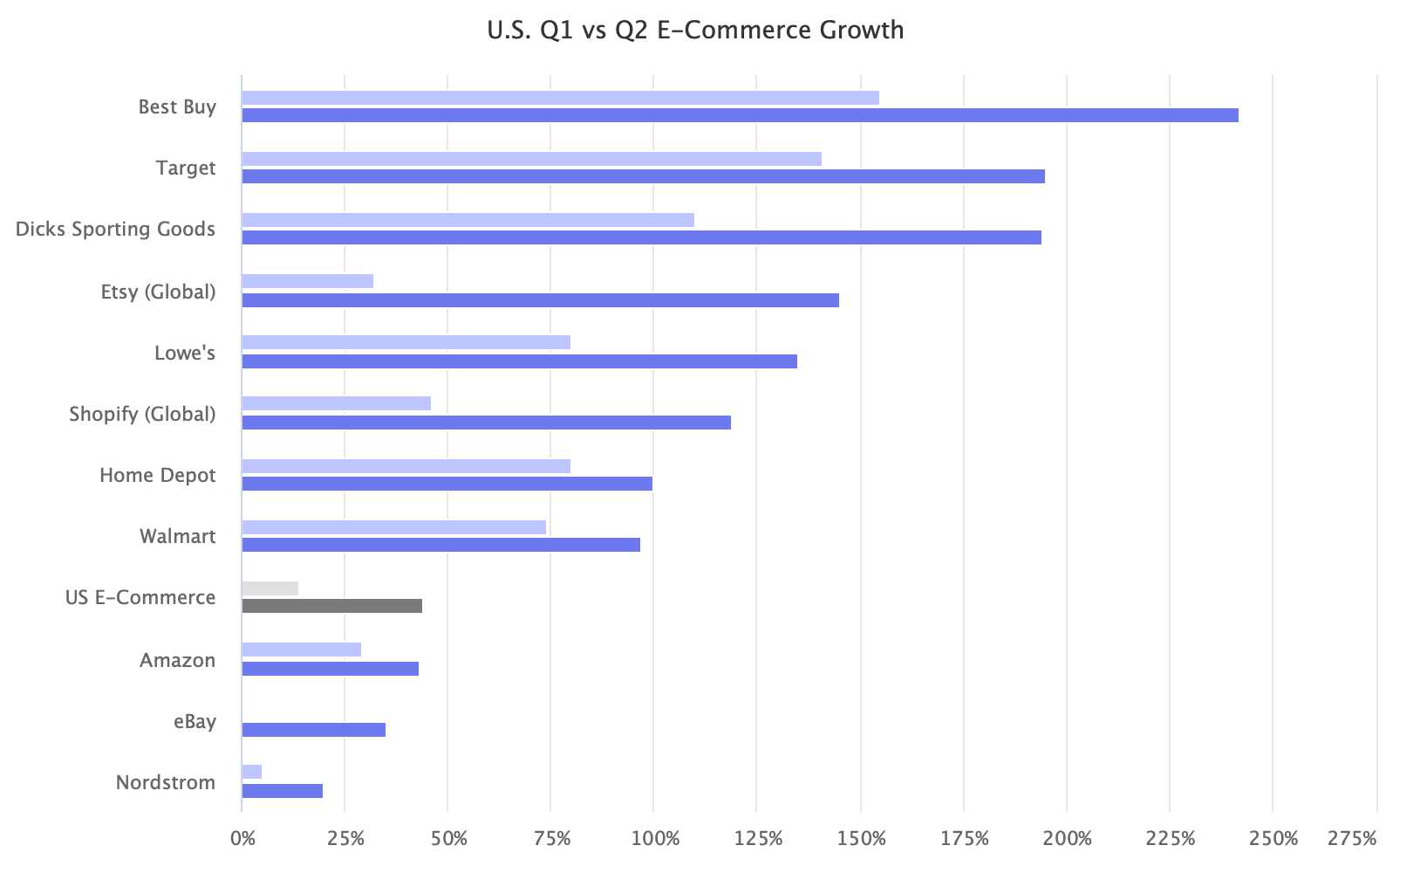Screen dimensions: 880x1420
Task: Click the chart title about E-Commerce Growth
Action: (695, 31)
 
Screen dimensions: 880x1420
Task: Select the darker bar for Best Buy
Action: (740, 115)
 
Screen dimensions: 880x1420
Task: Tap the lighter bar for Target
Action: (531, 159)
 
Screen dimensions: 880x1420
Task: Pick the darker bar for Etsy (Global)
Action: (540, 300)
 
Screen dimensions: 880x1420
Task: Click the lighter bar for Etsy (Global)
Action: (307, 281)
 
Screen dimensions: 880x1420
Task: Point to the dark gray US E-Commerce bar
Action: (331, 606)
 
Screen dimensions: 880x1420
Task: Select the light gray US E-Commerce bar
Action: (270, 588)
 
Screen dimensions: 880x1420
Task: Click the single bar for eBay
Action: (313, 730)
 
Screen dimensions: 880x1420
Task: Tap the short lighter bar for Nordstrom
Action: (251, 772)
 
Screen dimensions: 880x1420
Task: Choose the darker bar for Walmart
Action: (440, 545)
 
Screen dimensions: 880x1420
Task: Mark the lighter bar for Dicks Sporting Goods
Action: (468, 220)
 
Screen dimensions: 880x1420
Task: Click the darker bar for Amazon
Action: (330, 669)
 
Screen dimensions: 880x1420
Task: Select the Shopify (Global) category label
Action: (142, 414)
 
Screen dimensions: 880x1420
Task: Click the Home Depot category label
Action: (157, 476)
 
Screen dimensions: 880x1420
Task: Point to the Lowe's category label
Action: (184, 354)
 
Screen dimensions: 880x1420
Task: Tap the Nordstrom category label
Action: (165, 782)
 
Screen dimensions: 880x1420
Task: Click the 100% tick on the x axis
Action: (654, 840)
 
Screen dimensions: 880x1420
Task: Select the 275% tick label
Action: (1352, 840)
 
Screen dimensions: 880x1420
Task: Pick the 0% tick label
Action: (242, 840)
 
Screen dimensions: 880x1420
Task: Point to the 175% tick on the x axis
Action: (965, 840)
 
